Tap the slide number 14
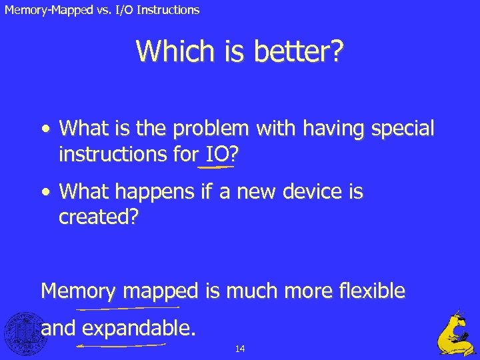pyautogui.click(x=240, y=349)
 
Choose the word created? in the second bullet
pyautogui.click(x=98, y=219)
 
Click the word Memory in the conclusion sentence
pyautogui.click(x=77, y=291)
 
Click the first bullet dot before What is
pyautogui.click(x=45, y=127)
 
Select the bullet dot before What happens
pyautogui.click(x=45, y=193)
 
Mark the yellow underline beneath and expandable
pyautogui.click(x=121, y=346)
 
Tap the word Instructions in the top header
pyautogui.click(x=171, y=10)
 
